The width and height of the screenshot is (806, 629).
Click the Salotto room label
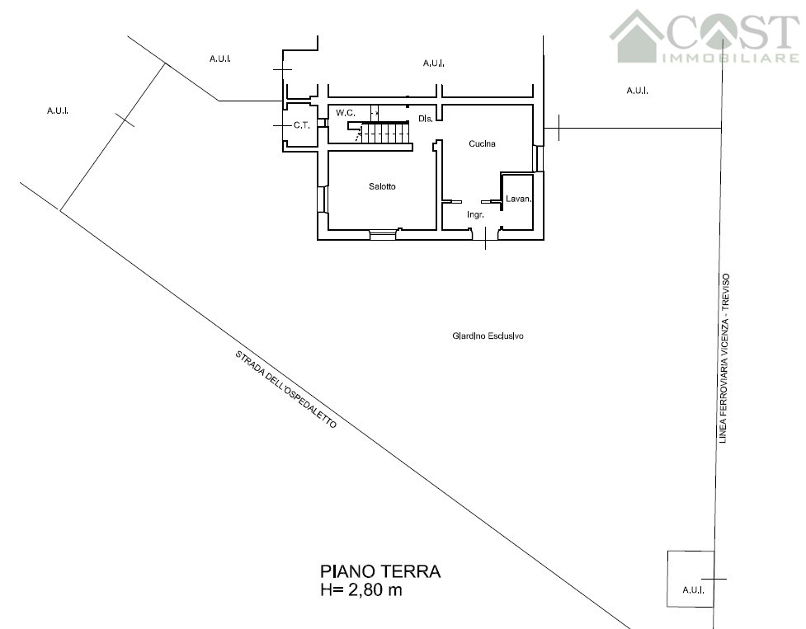tap(382, 186)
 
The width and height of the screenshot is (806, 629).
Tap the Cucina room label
tap(482, 143)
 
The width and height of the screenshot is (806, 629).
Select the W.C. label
tap(346, 113)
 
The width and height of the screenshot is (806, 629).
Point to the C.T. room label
tap(302, 125)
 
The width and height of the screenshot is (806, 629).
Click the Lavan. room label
tap(518, 199)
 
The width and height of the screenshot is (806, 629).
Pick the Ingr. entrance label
tap(475, 214)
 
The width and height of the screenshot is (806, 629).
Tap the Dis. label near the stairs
tap(425, 119)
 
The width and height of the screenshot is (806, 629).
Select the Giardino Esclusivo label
tap(488, 336)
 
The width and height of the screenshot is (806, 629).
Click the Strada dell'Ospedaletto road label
tap(285, 390)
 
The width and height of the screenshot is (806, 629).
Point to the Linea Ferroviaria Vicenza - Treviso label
tap(724, 359)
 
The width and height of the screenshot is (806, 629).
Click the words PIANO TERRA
tap(380, 571)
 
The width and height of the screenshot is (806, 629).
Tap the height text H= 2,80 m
tap(361, 590)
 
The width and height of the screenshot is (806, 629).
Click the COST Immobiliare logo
tap(705, 36)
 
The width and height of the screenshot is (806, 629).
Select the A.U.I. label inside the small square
tap(694, 590)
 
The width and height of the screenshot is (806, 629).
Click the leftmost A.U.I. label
tap(58, 110)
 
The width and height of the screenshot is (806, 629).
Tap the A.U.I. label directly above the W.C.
tap(220, 59)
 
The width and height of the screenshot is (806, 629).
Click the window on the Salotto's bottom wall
tap(383, 235)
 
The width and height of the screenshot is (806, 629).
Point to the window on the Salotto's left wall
tap(323, 199)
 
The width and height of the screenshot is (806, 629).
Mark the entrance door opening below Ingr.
tap(486, 235)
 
